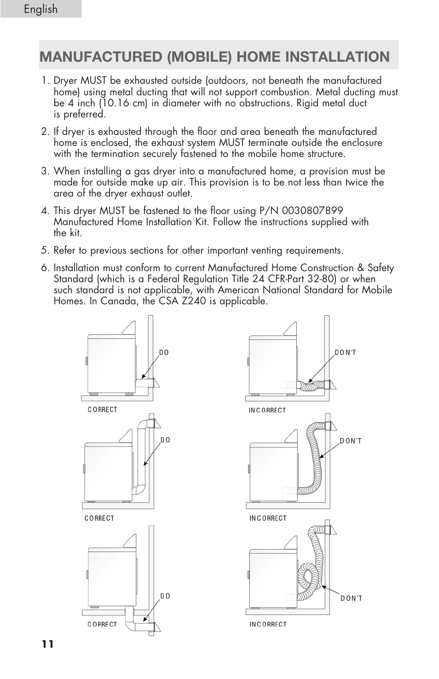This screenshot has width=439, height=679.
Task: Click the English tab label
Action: [41, 9]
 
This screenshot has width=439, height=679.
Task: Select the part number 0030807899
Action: [312, 211]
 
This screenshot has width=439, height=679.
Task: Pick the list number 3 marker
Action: [45, 171]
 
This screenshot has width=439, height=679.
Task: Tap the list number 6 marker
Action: [45, 268]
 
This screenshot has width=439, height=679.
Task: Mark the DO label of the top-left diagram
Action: [164, 353]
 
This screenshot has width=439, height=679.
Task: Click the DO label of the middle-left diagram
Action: [165, 440]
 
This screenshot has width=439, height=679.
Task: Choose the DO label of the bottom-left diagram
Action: [165, 596]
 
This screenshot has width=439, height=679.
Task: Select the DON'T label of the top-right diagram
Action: [345, 353]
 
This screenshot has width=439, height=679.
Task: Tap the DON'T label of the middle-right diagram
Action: [351, 441]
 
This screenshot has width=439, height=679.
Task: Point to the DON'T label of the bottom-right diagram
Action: [352, 598]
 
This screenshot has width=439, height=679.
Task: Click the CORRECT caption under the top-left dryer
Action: [102, 410]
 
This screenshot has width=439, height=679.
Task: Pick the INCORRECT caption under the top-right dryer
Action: [267, 410]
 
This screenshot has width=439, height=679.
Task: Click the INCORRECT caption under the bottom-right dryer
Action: [268, 625]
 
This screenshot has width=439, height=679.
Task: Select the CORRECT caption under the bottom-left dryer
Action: [102, 625]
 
